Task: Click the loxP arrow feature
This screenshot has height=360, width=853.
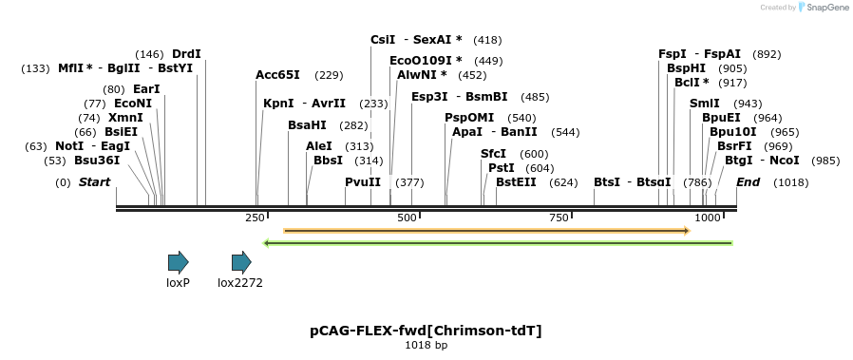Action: coord(178,262)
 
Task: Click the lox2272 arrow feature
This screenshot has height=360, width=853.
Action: coord(241,262)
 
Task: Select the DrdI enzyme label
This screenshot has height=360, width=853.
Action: coord(186,53)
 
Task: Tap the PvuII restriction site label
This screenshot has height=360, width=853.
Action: coord(363,181)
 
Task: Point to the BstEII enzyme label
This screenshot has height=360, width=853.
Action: coord(522,181)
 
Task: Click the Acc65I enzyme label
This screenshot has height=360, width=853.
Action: coord(277,74)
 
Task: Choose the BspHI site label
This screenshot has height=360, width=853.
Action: coord(686,68)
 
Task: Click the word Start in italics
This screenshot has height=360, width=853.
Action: coord(94,181)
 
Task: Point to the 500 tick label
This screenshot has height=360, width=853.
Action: coord(408,218)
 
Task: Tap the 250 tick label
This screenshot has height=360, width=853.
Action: coord(256,218)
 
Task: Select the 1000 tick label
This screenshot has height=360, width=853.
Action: coord(709,218)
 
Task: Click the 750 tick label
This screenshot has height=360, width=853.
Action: coord(559,218)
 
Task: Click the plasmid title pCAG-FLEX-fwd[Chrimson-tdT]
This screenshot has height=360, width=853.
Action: coord(426,331)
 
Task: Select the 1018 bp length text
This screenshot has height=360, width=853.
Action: coord(426,345)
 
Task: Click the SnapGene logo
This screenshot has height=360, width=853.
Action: coord(823,8)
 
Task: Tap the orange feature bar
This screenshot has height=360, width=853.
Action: coord(486,230)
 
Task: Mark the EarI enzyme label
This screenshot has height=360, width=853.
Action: coord(146,88)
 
